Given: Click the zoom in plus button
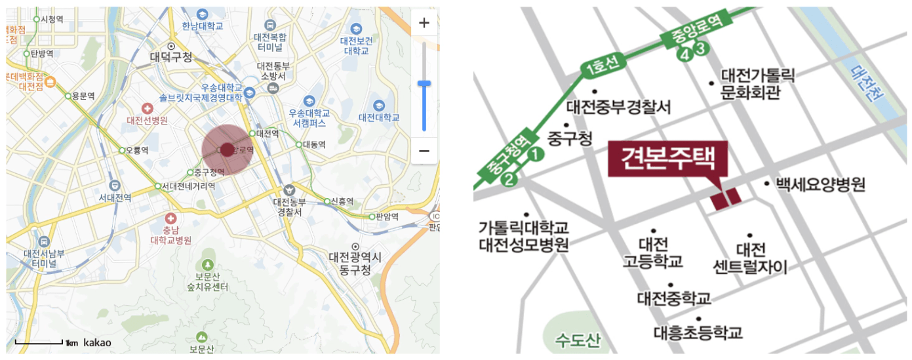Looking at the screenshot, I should [424, 23].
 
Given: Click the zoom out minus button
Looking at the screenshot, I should [424, 151].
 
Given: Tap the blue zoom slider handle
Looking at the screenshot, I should [424, 83].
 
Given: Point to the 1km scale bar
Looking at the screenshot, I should [39, 342].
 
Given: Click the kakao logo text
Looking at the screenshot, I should [97, 342].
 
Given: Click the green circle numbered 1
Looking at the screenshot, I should [536, 155].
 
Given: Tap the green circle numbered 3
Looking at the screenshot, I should [700, 47].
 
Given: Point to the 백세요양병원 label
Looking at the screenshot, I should [820, 184].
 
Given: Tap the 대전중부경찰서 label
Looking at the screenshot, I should [619, 106].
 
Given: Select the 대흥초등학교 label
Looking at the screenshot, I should [698, 332].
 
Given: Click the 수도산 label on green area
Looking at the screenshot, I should [577, 340].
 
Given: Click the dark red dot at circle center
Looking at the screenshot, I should [227, 150].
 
